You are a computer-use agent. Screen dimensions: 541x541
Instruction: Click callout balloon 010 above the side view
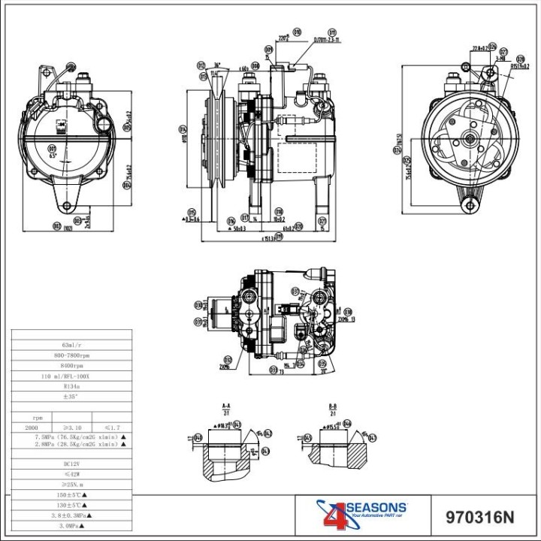[297, 32]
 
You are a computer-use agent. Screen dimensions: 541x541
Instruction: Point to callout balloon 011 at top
[201, 65]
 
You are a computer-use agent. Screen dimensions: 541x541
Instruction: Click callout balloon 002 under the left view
[57, 225]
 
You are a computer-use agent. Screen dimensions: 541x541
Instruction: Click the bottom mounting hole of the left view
[68, 205]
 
